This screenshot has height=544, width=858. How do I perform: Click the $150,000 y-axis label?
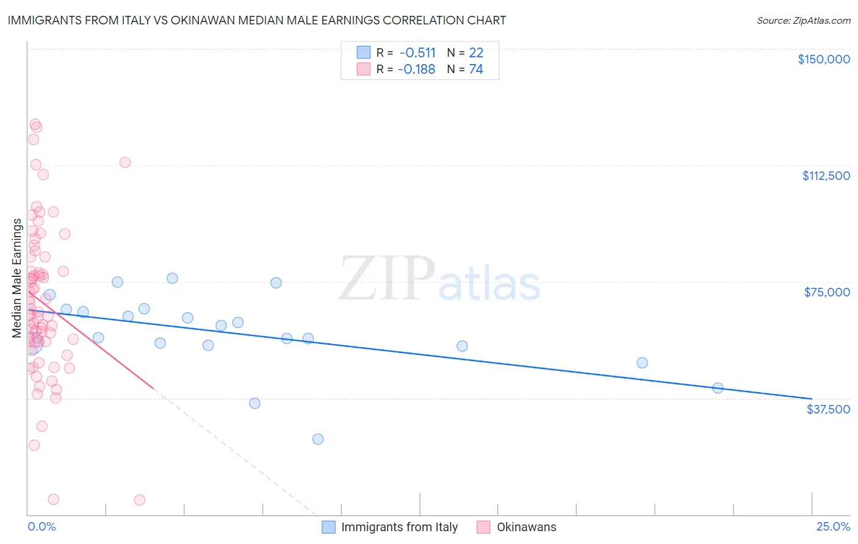coord(823,59)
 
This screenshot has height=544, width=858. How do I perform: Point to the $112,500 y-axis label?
coord(825,176)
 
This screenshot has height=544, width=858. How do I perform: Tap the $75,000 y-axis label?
coord(826,292)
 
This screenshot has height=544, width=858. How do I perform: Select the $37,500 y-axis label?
coord(827,409)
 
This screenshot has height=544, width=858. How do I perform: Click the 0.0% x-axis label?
coord(41,526)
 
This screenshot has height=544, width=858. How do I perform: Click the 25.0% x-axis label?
coord(833,526)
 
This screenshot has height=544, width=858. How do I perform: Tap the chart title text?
coord(257,20)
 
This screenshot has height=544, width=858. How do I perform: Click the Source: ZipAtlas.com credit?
coord(803,20)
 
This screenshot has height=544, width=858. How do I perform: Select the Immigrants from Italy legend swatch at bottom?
coord(329,527)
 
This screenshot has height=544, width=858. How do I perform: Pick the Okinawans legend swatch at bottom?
coord(484,527)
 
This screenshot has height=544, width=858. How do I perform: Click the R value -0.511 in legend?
coord(417,52)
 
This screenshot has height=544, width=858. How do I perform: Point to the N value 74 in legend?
coord(476,69)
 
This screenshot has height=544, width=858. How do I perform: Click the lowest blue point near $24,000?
coord(318,439)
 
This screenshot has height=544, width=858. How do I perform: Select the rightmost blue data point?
coord(718,388)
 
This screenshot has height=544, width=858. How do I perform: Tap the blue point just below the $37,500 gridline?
coord(254,403)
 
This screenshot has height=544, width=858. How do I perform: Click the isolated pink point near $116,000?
coord(125,162)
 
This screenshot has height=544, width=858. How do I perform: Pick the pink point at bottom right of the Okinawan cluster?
coord(139,500)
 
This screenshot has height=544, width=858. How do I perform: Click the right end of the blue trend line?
coord(811,398)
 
